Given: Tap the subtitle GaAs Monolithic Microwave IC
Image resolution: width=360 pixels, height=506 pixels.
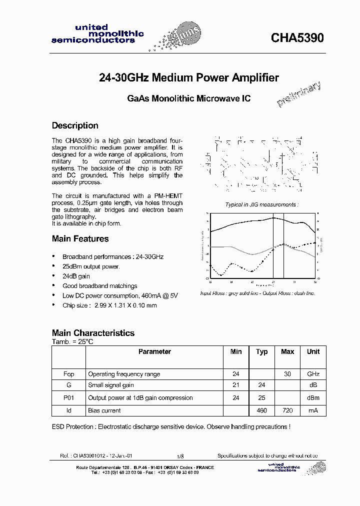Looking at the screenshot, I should (188, 98).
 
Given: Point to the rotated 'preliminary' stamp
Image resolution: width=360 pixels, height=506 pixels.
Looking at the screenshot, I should (298, 94).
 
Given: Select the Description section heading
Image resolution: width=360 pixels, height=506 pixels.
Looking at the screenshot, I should (75, 125).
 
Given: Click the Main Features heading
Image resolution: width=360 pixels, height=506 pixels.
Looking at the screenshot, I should (80, 238).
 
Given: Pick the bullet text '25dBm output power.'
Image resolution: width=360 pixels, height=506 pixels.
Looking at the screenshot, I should (91, 266).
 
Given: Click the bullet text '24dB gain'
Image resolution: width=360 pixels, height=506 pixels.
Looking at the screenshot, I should (76, 276).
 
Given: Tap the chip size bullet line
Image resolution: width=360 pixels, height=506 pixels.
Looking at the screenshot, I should (109, 305).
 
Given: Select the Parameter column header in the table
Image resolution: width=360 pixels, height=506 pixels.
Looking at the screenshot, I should (154, 351).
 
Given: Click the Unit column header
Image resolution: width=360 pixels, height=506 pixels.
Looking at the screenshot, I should (313, 351).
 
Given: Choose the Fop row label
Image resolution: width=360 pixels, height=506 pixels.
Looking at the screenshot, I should (68, 374).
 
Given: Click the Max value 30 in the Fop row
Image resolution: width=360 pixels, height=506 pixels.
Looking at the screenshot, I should (287, 374).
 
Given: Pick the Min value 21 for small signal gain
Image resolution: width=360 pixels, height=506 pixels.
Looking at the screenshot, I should (236, 385).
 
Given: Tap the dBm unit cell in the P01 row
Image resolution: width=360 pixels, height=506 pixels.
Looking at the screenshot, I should (313, 398).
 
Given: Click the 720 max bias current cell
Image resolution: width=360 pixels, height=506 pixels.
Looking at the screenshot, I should (287, 410).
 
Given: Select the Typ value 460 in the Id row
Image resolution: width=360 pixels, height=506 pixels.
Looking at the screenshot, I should (261, 410).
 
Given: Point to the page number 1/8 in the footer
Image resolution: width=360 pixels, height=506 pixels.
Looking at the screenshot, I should (180, 456).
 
